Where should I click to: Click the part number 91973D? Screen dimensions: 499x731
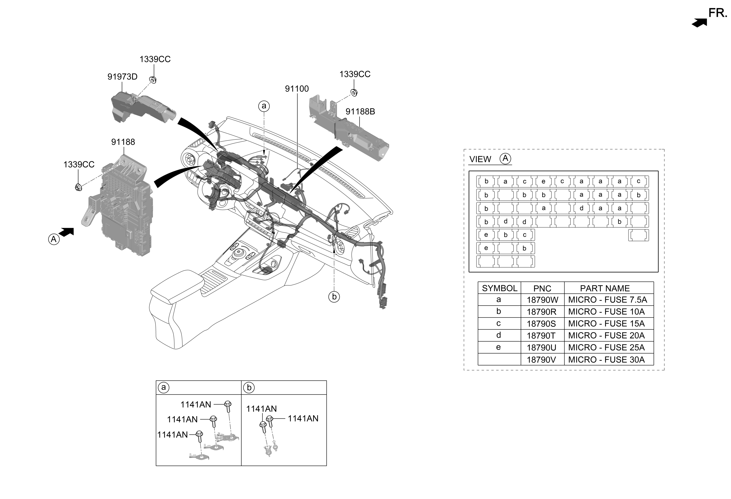122,77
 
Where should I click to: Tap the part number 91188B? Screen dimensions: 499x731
360,112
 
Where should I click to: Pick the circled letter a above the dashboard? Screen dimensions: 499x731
264,106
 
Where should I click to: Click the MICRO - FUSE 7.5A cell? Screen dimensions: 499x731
607,300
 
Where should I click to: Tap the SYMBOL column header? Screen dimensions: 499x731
499,288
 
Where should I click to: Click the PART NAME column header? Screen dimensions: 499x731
605,288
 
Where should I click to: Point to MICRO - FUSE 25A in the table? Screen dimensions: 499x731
606,348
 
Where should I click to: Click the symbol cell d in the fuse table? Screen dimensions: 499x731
499,335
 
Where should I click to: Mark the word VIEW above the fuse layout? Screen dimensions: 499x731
480,159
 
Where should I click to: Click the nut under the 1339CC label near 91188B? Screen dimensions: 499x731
354,93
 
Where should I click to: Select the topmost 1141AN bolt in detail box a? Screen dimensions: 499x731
228,405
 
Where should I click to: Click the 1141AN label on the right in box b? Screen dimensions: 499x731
303,419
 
